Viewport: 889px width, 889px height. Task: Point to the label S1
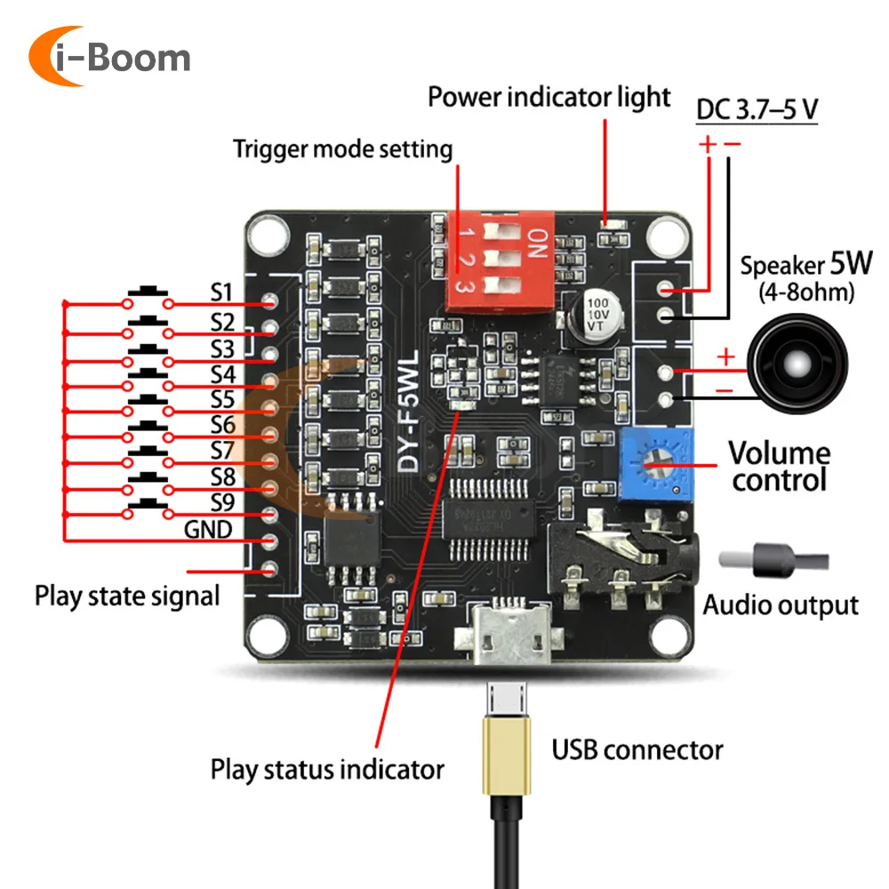click(221, 292)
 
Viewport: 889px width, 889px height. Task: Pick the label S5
click(222, 399)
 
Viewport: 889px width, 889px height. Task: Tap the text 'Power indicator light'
click(549, 96)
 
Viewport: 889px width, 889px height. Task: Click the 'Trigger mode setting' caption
click(342, 148)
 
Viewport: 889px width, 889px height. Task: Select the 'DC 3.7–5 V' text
click(757, 110)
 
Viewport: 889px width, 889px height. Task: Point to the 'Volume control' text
click(779, 466)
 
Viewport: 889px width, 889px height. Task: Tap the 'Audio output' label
click(781, 605)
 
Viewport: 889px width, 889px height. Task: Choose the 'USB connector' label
click(637, 749)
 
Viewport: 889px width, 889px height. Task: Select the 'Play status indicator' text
click(327, 768)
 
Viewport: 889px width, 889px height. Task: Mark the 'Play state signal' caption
click(127, 595)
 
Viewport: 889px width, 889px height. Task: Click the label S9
click(222, 503)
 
